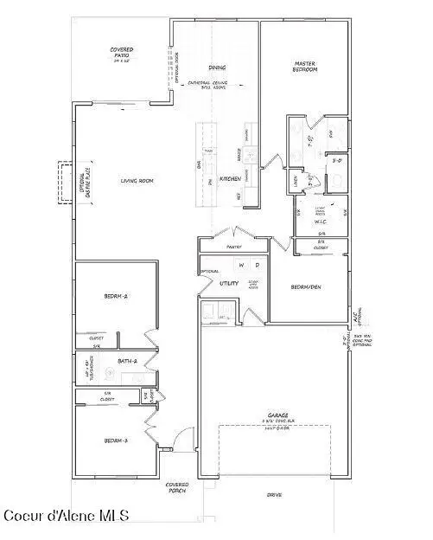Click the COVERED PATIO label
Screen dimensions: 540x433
point(120,54)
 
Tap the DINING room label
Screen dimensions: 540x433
point(217,67)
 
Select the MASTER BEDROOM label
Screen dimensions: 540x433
point(305,66)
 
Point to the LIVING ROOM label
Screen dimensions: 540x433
point(137,180)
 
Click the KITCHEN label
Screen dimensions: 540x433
point(229,178)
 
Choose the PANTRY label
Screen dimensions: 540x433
point(233,247)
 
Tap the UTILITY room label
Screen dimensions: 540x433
point(229,283)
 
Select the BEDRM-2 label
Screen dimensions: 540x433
point(116,296)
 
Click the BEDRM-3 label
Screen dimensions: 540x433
point(116,440)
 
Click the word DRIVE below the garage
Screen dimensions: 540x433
point(276,495)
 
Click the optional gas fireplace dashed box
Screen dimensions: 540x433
point(63,183)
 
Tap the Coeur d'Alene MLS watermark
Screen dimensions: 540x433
point(67,516)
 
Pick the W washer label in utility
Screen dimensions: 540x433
point(242,266)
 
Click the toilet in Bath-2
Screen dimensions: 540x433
point(110,375)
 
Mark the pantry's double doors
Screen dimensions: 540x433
point(232,233)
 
